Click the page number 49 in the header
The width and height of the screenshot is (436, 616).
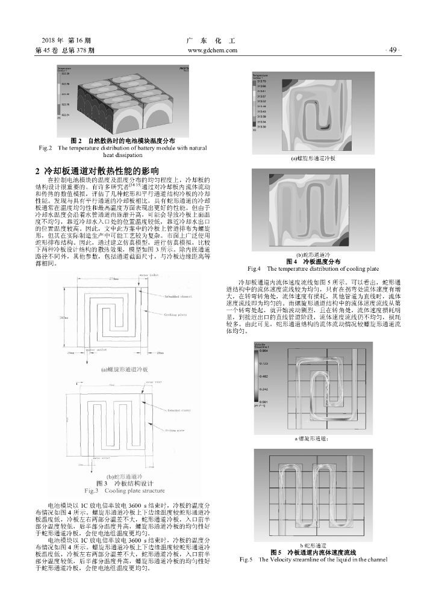click(394, 50)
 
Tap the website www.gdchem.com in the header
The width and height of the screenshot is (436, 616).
click(213, 50)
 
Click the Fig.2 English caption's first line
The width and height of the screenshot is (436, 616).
click(123, 147)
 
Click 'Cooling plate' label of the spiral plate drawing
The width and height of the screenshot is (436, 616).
click(176, 314)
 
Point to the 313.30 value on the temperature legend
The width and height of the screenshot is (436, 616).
click(261, 127)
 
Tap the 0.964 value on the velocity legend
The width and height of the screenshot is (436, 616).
click(263, 350)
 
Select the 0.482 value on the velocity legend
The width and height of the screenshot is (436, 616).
click(263, 377)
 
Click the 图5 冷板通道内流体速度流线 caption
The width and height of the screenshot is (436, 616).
click(313, 552)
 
